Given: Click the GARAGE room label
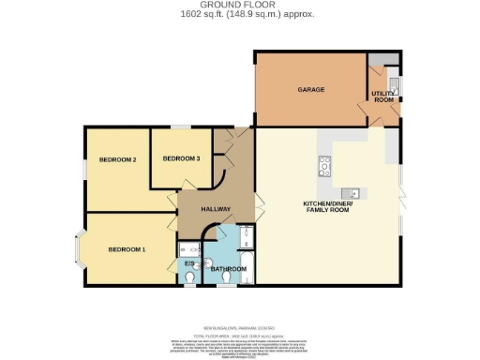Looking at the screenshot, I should (311, 90).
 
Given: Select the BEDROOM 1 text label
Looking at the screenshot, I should (127, 249).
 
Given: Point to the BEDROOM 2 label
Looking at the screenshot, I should (118, 160).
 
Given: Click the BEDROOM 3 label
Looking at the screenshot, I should (181, 158).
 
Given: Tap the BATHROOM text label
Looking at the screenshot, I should (228, 269).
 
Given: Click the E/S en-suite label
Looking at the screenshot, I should (187, 263).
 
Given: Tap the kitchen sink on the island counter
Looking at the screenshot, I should (355, 192).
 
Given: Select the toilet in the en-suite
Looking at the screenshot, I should (189, 277).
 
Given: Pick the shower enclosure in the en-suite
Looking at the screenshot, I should (187, 248).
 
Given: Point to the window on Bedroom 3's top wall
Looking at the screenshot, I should (187, 127).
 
